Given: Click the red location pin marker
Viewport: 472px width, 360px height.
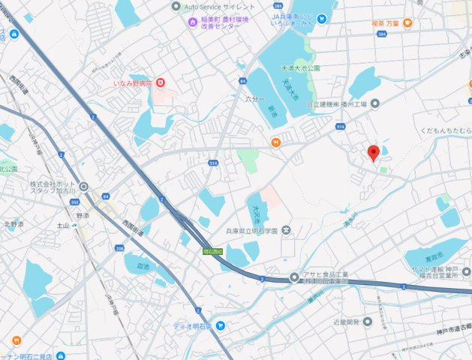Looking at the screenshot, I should [372, 153].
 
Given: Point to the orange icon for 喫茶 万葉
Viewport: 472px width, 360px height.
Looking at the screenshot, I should [407, 23].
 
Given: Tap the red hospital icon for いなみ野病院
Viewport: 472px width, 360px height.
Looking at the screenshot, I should [158, 83].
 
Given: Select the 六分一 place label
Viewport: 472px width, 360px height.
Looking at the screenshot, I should [256, 99].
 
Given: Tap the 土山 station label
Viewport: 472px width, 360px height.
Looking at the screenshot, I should [62, 225].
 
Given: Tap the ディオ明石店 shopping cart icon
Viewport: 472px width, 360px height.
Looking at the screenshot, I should [221, 325].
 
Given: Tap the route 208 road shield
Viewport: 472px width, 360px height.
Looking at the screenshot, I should [119, 247].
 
